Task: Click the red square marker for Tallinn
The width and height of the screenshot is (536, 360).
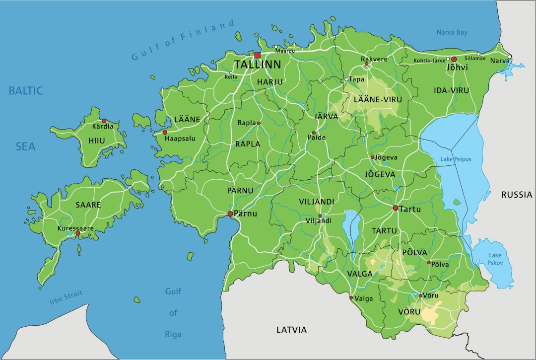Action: click(257, 55)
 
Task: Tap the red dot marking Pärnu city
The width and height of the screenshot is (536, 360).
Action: click(230, 214)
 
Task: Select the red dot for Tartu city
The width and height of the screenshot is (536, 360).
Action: click(396, 208)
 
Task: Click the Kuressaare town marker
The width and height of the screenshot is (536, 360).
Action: click(77, 233)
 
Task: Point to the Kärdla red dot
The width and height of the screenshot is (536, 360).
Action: click(104, 121)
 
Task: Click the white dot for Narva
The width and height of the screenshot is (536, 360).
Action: click(509, 56)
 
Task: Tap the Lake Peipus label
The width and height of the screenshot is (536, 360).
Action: click(456, 159)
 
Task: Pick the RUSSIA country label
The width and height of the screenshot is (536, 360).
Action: click(516, 195)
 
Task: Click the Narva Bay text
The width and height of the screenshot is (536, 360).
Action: click(452, 33)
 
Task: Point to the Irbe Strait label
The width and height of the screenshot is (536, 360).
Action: click(66, 297)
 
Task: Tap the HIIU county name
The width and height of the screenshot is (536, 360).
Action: click(97, 141)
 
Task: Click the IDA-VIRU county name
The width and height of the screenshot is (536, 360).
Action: click(451, 90)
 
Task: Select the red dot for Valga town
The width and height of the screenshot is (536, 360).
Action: click(351, 298)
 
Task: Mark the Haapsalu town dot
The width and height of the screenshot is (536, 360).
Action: click(165, 132)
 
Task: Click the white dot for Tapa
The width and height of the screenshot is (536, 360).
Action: click(346, 79)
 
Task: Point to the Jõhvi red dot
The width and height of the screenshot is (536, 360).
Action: click(454, 59)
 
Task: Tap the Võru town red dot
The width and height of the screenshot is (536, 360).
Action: click(420, 296)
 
